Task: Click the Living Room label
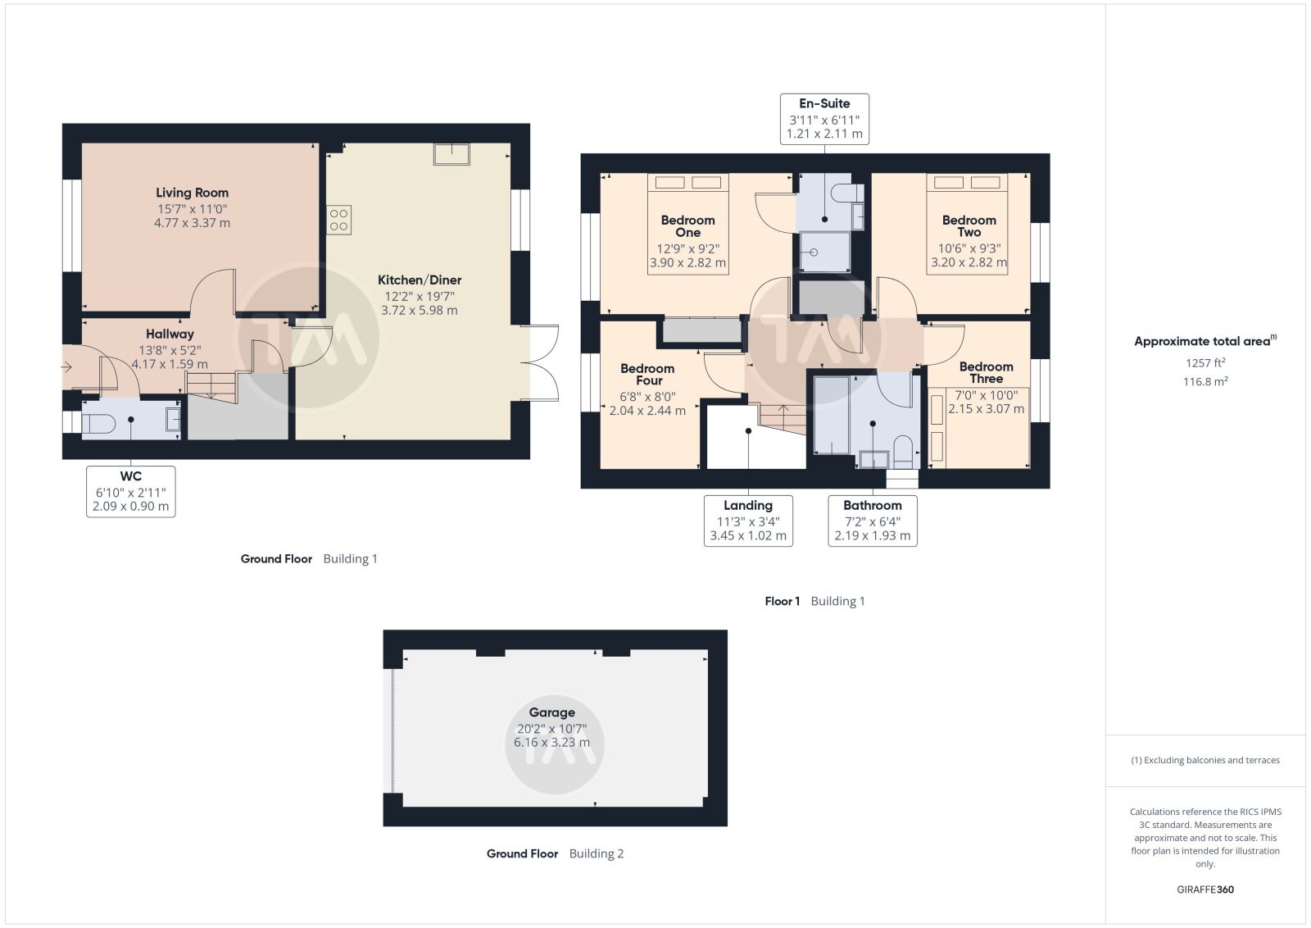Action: click(x=192, y=193)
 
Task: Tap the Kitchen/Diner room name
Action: click(x=419, y=280)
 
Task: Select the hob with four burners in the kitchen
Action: click(x=339, y=221)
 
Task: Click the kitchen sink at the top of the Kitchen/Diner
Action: click(x=451, y=154)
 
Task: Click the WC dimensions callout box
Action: click(x=130, y=492)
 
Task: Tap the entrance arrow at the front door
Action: click(x=66, y=368)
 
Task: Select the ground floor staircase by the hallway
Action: click(x=211, y=387)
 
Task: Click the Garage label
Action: click(x=552, y=712)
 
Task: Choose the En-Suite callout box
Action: click(x=824, y=119)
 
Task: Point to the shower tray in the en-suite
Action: click(x=824, y=252)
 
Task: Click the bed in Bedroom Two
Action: click(x=967, y=224)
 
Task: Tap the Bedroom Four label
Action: click(x=647, y=375)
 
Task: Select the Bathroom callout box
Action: click(x=872, y=521)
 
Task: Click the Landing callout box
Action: click(x=748, y=521)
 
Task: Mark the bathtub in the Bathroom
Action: click(x=831, y=416)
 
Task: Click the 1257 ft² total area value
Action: click(x=1205, y=363)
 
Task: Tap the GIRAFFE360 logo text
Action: click(x=1205, y=889)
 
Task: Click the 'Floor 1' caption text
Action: click(x=782, y=601)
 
